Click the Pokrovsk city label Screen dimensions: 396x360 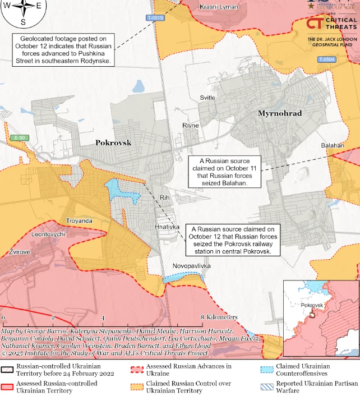click(113, 142)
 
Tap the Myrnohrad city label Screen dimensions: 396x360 click(279, 113)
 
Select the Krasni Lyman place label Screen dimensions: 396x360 click(219, 7)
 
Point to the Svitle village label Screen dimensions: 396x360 click(207, 98)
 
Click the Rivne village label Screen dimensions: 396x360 click(190, 125)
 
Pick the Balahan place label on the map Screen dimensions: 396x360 click(332, 145)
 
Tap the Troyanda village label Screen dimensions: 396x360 click(79, 220)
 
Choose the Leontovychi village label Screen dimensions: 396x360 click(49, 234)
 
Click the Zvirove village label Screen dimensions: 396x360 click(19, 252)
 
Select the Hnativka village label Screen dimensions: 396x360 click(167, 227)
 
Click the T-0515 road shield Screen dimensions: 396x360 click(155, 18)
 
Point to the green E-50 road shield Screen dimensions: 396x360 click(20, 137)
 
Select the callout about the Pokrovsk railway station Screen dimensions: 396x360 click(232, 241)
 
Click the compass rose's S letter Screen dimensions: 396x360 click(23, 22)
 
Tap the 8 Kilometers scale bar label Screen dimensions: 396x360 click(219, 317)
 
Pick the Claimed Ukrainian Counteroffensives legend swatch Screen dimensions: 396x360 click(267, 369)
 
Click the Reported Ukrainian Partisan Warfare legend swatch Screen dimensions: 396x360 click(267, 386)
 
